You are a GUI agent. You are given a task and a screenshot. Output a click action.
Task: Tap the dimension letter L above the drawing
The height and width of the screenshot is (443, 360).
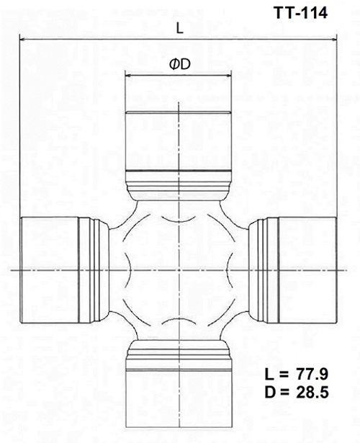(179, 27)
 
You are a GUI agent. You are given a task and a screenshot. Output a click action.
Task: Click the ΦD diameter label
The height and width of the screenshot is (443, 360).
(179, 64)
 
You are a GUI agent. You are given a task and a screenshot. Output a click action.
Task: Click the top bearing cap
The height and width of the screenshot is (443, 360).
(179, 140)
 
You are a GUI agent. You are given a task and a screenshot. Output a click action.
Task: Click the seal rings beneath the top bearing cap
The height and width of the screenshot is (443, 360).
(179, 178)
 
